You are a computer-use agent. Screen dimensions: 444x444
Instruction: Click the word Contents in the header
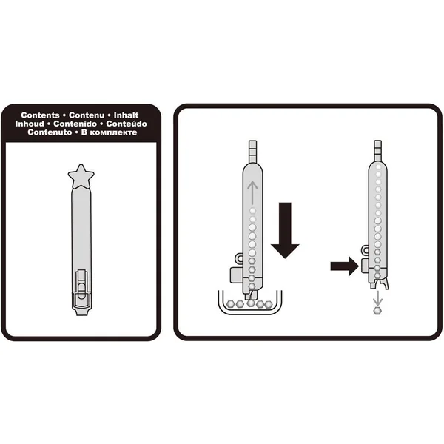(40, 115)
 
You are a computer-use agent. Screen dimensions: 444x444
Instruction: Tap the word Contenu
(87, 115)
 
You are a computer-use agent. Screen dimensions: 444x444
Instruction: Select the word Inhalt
(126, 115)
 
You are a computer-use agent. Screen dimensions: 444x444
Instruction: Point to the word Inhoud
(30, 124)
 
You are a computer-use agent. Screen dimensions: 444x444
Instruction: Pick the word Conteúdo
(127, 124)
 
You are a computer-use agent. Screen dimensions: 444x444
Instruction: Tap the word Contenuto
(50, 132)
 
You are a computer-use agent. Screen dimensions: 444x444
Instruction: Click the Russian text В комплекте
(109, 132)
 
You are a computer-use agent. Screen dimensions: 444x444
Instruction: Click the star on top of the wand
(81, 177)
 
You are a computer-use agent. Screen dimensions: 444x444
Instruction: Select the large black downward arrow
(285, 230)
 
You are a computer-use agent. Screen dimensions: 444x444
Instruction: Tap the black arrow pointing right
(345, 266)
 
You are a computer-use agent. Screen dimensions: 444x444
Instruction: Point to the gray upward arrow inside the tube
(252, 192)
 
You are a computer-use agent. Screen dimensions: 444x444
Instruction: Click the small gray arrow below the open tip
(377, 297)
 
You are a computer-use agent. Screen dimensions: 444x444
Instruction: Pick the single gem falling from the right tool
(377, 310)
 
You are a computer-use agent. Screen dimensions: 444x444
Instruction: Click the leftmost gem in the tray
(230, 304)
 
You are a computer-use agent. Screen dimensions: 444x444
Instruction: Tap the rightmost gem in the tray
(268, 304)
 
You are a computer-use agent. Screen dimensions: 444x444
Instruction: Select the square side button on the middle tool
(237, 275)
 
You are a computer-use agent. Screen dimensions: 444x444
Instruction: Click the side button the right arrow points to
(365, 266)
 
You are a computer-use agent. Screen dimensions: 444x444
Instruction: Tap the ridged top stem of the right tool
(377, 151)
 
